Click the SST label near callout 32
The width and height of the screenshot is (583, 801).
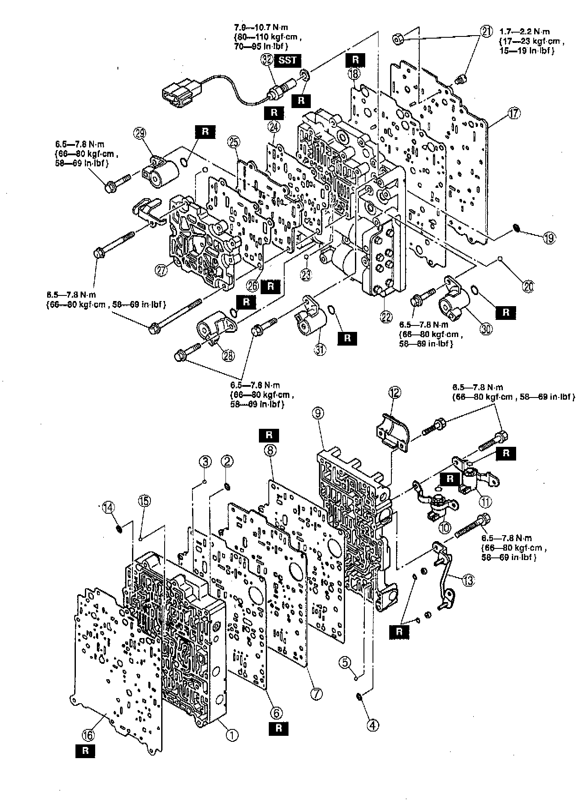[x=287, y=60]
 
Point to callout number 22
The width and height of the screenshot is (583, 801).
[x=386, y=316]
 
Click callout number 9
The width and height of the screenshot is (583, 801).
[x=330, y=413]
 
